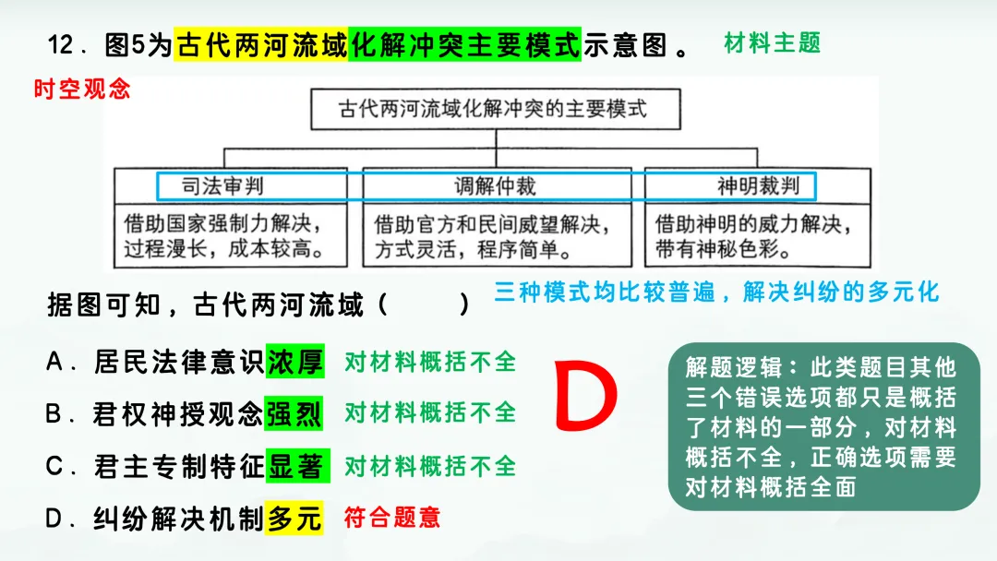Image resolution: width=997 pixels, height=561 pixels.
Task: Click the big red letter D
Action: coord(585,399)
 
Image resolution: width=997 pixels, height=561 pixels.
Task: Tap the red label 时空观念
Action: coord(82,90)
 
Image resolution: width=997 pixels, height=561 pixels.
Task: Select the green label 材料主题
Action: coord(773,42)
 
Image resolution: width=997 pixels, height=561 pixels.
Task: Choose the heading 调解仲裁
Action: coord(495,186)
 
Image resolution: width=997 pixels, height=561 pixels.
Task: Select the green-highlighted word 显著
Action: coord(295,467)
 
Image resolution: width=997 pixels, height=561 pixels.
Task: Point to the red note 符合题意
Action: coord(391,518)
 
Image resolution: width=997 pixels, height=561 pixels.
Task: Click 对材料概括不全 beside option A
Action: coord(430,362)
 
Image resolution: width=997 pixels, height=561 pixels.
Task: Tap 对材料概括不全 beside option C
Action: coord(430,466)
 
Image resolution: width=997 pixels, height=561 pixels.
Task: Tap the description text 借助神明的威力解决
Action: coord(753,223)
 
